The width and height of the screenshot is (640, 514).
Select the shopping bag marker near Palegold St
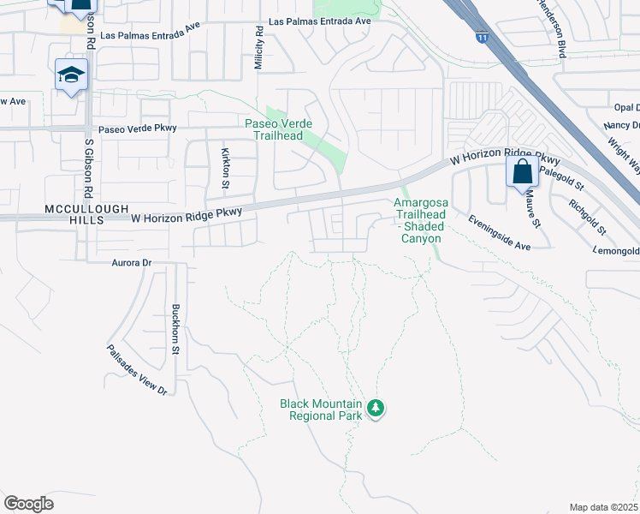pos(522,174)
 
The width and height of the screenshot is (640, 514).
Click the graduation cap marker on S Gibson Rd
pos(72,76)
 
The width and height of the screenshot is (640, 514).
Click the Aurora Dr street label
pos(131,263)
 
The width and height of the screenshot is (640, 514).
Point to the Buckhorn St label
pos(175,329)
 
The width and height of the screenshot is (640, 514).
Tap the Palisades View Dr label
pos(137,369)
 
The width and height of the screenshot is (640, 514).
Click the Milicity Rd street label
pos(258,46)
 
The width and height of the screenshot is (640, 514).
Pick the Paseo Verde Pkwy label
pos(138,128)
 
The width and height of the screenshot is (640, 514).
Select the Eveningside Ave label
pos(500,232)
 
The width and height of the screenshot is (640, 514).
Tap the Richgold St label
pos(587,217)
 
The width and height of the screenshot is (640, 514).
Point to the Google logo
pos(28,503)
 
